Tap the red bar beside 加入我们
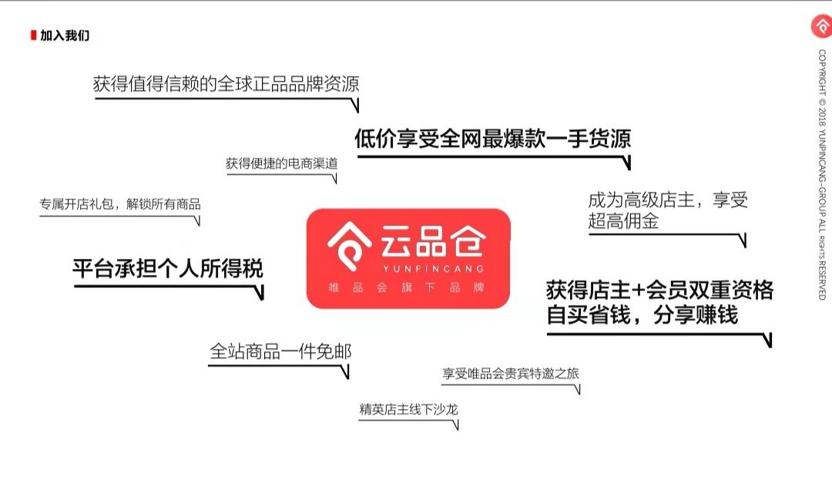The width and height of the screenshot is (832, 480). coord(33,35)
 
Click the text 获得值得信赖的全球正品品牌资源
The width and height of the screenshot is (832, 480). coord(226,84)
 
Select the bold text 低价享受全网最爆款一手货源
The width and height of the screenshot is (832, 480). coord(493,139)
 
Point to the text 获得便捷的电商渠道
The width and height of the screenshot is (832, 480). coord(281,163)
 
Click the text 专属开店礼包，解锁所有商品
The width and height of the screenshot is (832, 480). coord(120,205)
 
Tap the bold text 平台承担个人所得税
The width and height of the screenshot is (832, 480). coord(168,268)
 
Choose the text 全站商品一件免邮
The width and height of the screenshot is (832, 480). coord(280,352)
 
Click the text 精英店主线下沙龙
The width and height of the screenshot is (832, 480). coord(408,408)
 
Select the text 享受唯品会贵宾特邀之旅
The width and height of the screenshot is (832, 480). coord(511,374)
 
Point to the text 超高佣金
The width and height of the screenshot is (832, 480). coord(623,222)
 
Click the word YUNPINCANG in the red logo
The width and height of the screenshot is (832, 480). coord(432,268)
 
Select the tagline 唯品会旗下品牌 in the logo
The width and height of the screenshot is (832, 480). coord(408,288)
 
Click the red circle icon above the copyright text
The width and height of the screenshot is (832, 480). coord(821,25)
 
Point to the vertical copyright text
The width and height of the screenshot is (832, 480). coord(822,174)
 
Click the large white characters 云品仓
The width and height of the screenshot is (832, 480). coord(432,242)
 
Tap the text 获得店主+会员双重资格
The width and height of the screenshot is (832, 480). coord(659,290)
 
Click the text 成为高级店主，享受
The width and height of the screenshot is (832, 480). coord(668,200)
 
